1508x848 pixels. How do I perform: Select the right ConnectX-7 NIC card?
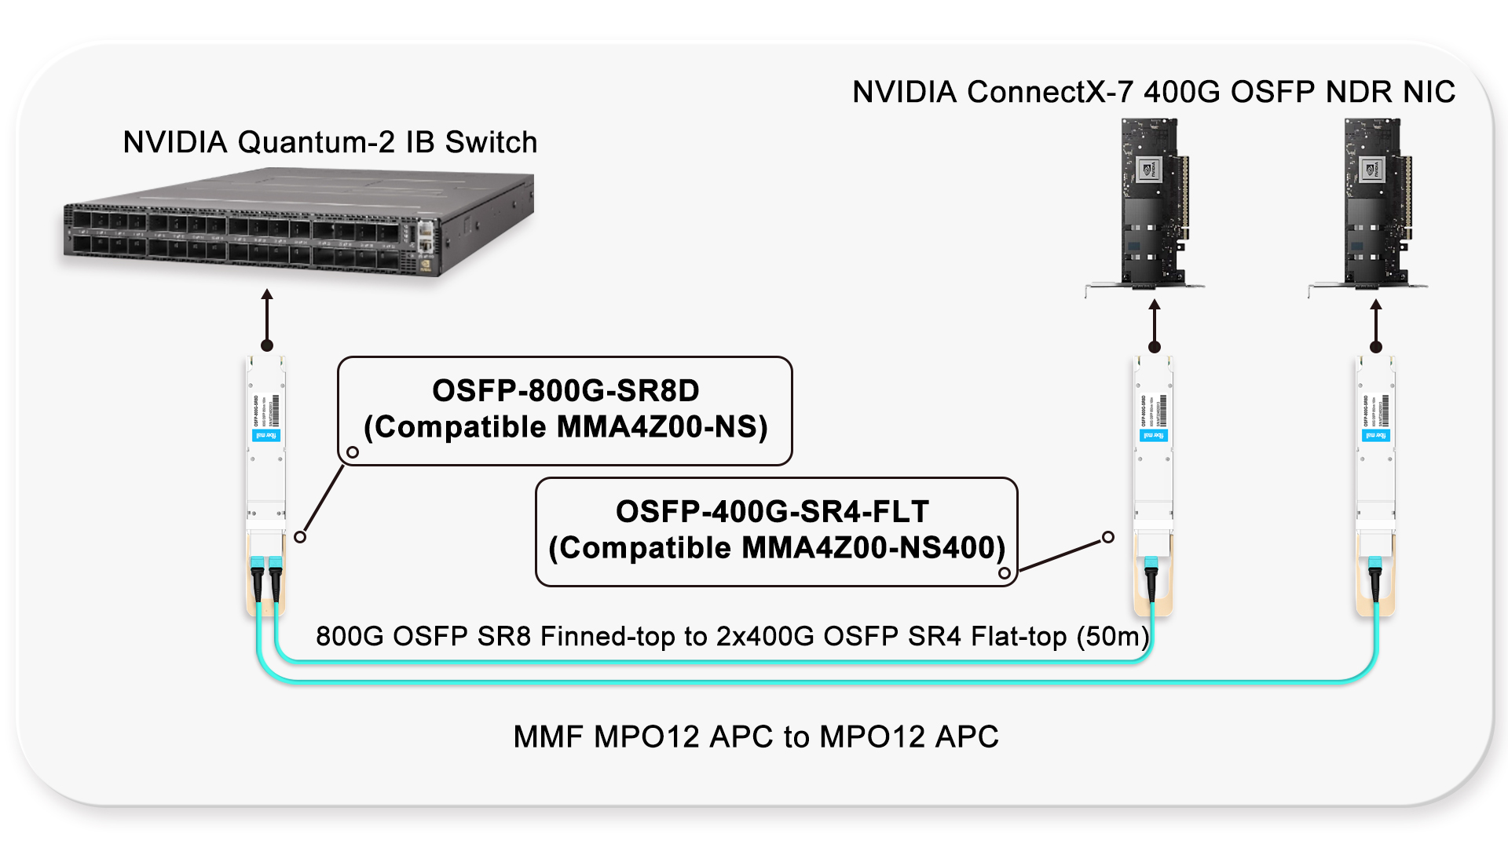pyautogui.click(x=1374, y=204)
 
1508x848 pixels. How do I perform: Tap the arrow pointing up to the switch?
pyautogui.click(x=267, y=318)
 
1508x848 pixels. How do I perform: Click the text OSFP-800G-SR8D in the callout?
pyautogui.click(x=565, y=390)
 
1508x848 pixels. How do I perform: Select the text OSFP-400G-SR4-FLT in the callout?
pyautogui.click(x=772, y=511)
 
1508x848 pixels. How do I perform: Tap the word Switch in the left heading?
pyautogui.click(x=491, y=142)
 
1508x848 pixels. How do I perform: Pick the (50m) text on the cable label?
pyautogui.click(x=1112, y=636)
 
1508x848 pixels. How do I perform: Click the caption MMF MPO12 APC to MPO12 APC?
pyautogui.click(x=756, y=737)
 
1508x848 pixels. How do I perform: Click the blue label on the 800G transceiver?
pyautogui.click(x=266, y=435)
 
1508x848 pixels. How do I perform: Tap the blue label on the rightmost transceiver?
pyautogui.click(x=1375, y=435)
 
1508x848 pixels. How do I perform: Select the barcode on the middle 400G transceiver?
pyautogui.click(x=1162, y=411)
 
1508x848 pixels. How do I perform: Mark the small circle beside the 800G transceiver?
pyautogui.click(x=300, y=537)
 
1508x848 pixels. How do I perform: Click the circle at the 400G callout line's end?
pyautogui.click(x=1107, y=537)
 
